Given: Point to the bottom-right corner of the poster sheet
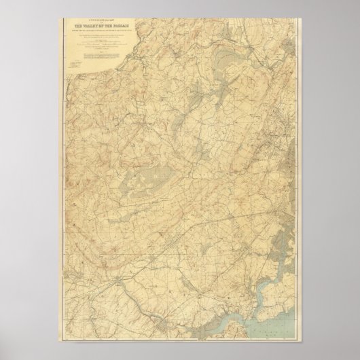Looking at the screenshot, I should pos(305,342).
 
